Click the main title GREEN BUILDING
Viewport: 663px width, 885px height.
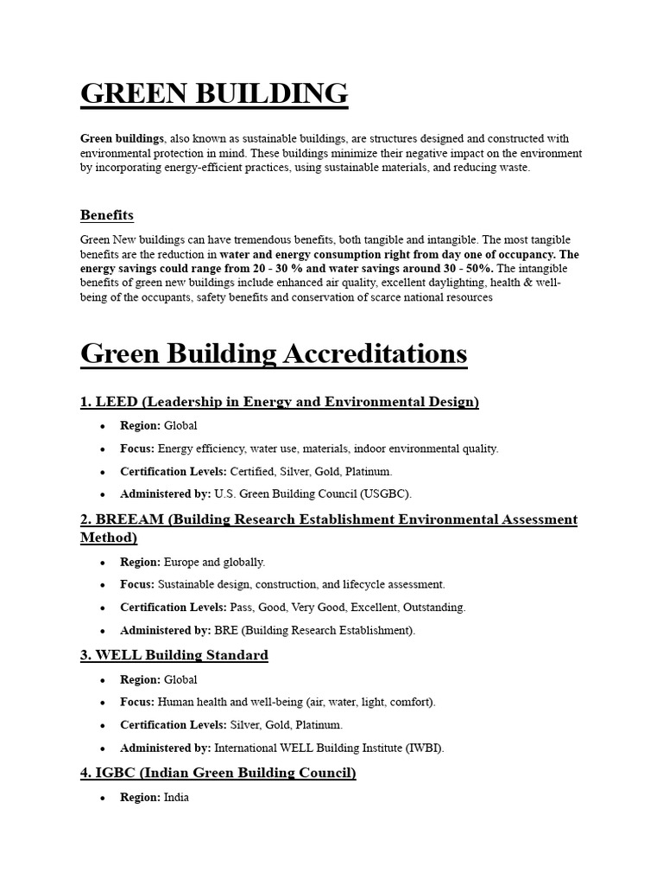[x=214, y=93]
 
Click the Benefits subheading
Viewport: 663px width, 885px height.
[x=107, y=214]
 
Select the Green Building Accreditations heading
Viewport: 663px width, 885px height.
[x=274, y=353]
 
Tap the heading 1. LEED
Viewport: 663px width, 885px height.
[x=279, y=402]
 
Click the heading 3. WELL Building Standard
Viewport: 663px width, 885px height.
[x=174, y=655]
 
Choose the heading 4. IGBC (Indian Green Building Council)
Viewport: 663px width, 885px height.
[x=218, y=773]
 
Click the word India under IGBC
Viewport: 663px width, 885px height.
[x=176, y=798]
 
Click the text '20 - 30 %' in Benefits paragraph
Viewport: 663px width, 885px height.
[x=244, y=269]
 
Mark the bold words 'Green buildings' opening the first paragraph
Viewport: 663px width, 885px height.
[x=122, y=138]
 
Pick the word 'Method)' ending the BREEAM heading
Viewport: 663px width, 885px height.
[x=109, y=538]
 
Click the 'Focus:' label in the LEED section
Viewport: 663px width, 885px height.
[x=137, y=449]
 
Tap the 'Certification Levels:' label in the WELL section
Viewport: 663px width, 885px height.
[x=173, y=725]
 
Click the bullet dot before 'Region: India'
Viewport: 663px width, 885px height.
[x=103, y=799]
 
